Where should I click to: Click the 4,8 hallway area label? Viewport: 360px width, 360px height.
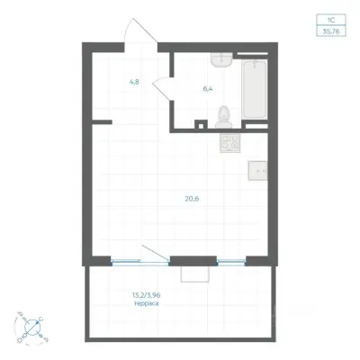[134, 82]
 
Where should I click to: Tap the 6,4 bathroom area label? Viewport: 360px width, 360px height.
[208, 89]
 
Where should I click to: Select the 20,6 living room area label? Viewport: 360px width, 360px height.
[192, 199]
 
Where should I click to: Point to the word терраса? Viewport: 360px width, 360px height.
[147, 303]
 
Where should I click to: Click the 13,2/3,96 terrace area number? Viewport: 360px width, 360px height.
[146, 295]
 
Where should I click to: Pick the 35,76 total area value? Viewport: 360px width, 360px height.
[331, 31]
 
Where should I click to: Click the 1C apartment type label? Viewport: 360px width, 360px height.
[331, 21]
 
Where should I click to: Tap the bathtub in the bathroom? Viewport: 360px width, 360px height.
[255, 89]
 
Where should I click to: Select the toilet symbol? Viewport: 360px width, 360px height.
[223, 118]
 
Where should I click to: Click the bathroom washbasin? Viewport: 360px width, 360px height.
[221, 60]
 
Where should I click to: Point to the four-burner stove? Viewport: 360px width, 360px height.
[230, 142]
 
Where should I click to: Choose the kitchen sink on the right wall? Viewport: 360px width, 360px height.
[257, 171]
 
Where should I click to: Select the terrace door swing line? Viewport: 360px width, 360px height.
[156, 252]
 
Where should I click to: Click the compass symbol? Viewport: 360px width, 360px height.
[31, 328]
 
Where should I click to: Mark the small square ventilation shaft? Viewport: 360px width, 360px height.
[201, 124]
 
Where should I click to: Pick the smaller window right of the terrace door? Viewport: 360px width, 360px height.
[231, 263]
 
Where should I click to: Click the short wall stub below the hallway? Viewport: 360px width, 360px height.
[102, 122]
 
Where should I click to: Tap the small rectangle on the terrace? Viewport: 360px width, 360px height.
[195, 274]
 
